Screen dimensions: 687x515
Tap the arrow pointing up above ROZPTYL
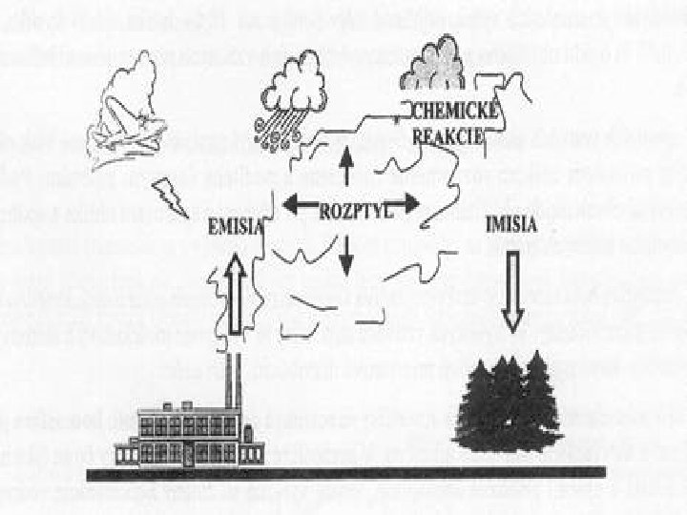click(x=347, y=164)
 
